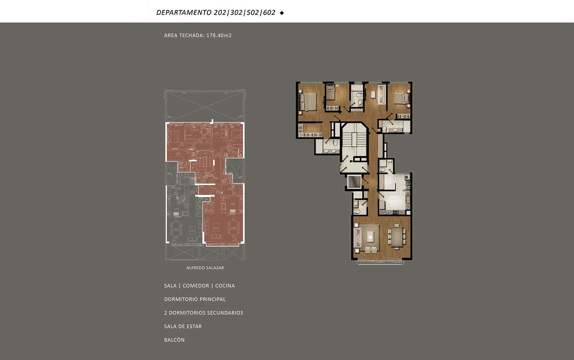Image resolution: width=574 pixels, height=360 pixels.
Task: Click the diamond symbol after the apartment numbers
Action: click(x=281, y=13)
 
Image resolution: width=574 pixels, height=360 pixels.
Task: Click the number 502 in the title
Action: click(x=253, y=12)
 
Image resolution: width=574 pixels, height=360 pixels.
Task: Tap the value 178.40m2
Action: click(x=219, y=35)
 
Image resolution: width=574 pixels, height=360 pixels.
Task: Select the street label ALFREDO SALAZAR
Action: click(x=205, y=268)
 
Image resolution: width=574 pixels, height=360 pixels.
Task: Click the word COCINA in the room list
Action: click(x=225, y=286)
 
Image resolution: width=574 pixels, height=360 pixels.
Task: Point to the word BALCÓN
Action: click(x=174, y=340)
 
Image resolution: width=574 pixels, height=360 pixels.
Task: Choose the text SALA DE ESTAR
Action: click(x=183, y=327)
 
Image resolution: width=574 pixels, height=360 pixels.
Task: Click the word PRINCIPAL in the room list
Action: click(x=213, y=299)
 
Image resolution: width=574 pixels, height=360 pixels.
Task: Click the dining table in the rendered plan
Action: click(x=397, y=237)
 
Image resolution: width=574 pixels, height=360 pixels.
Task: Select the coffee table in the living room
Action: click(x=369, y=236)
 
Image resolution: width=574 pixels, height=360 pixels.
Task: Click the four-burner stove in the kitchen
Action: click(x=395, y=212)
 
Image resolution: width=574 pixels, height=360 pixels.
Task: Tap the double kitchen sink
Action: click(x=407, y=198)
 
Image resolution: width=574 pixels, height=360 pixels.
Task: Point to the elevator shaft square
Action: click(x=354, y=182)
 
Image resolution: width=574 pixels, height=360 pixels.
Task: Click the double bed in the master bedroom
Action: click(x=308, y=102)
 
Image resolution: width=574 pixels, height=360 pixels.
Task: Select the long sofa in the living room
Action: click(x=358, y=238)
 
